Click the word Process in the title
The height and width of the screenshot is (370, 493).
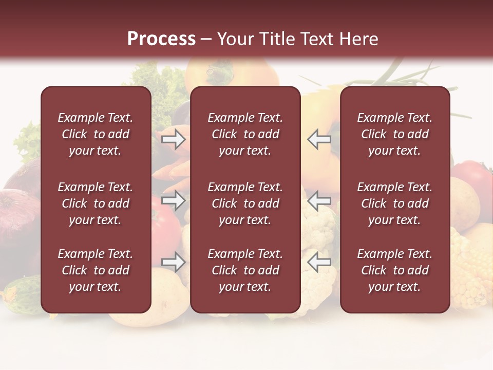161,39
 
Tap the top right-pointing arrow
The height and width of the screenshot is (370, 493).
174,139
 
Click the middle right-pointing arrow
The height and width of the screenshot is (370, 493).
174,200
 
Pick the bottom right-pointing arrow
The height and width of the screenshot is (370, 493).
174,262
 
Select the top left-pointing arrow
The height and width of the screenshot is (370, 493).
319,139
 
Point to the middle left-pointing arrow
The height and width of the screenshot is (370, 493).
319,200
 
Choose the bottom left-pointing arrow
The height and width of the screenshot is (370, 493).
319,262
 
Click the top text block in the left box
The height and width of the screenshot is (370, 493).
96,134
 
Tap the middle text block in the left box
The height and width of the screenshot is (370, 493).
96,203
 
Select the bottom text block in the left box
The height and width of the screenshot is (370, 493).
96,270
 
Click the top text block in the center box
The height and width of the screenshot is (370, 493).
245,134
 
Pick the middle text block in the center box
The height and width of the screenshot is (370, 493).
245,203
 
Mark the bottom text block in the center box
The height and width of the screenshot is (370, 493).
245,270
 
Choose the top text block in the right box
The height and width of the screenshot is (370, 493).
394,134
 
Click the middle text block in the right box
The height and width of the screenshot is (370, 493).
394,203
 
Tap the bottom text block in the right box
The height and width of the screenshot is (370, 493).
394,270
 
